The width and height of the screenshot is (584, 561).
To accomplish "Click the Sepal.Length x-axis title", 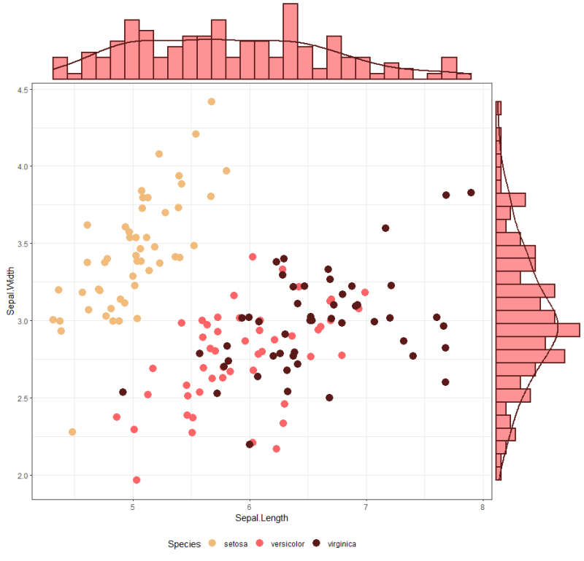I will pos(261,518).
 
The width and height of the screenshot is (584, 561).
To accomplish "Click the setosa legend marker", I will pos(212,543).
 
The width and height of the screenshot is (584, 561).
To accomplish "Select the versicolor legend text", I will pos(288,543).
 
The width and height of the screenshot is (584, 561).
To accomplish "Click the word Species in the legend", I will pos(184,543).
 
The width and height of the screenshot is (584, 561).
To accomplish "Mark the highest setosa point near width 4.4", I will pos(211,101).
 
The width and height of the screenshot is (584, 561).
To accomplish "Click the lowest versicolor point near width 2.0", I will pos(137,480).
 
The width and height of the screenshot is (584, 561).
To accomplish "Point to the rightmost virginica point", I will pos(471,193).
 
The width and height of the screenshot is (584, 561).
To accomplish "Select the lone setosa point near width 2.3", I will pos(72,432).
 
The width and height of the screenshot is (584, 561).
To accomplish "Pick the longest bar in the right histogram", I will pos(538,330).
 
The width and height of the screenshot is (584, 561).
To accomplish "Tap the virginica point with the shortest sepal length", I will pos(123,392).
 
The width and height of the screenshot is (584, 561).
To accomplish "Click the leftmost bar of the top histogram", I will pos(60,68).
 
